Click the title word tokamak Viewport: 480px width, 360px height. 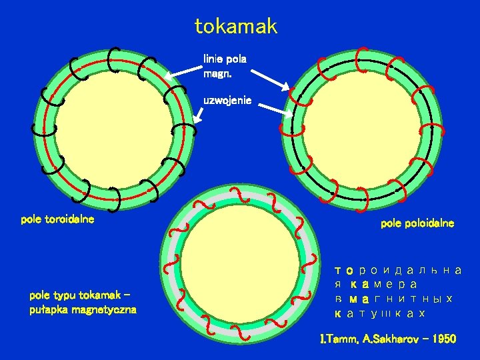(x=236, y=27)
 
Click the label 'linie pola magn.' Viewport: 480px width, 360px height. (x=225, y=65)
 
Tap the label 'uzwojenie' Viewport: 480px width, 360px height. (x=227, y=100)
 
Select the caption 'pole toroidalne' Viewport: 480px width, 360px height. (x=57, y=219)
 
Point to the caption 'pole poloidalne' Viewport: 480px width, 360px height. (x=417, y=223)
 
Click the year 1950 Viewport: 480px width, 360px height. (x=443, y=339)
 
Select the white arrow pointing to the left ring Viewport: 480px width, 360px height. (x=183, y=71)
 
